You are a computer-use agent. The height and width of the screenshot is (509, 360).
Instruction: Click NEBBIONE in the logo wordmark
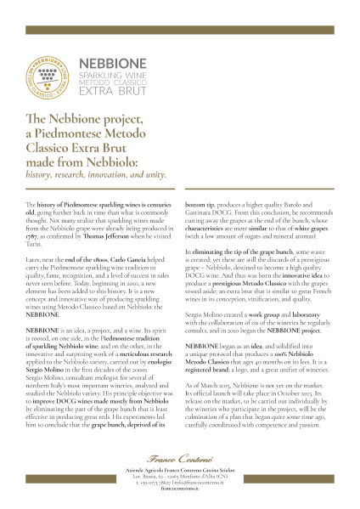(x=106, y=64)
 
